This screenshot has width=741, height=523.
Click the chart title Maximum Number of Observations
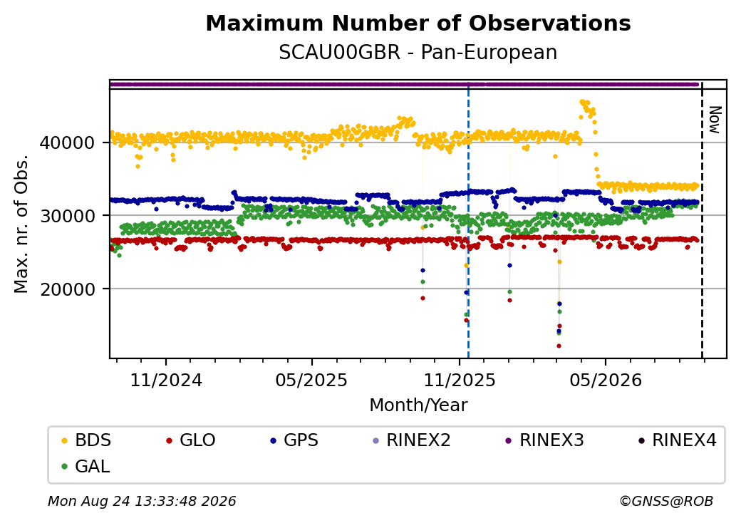pyautogui.click(x=418, y=23)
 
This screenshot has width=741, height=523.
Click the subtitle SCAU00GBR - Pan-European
pyautogui.click(x=418, y=53)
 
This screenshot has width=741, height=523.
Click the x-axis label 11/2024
pyautogui.click(x=166, y=380)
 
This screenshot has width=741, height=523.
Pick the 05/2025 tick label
pyautogui.click(x=311, y=380)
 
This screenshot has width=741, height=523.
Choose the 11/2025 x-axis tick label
pyautogui.click(x=460, y=380)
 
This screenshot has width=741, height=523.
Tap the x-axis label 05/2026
pyautogui.click(x=606, y=380)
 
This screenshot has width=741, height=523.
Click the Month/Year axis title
pyautogui.click(x=418, y=405)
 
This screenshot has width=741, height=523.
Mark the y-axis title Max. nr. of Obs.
pyautogui.click(x=21, y=224)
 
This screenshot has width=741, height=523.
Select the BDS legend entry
pyautogui.click(x=86, y=440)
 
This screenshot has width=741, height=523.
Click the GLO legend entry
pyautogui.click(x=191, y=440)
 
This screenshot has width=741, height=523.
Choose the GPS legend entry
pyautogui.click(x=294, y=440)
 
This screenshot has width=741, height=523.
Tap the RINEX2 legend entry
pyautogui.click(x=412, y=440)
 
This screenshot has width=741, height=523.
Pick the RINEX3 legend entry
pyautogui.click(x=545, y=440)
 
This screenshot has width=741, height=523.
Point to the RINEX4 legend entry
pyautogui.click(x=677, y=440)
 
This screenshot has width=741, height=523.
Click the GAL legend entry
pyautogui.click(x=86, y=466)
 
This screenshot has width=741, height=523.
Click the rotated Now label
pyautogui.click(x=715, y=120)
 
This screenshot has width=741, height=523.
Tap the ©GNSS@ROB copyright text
pyautogui.click(x=666, y=501)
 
